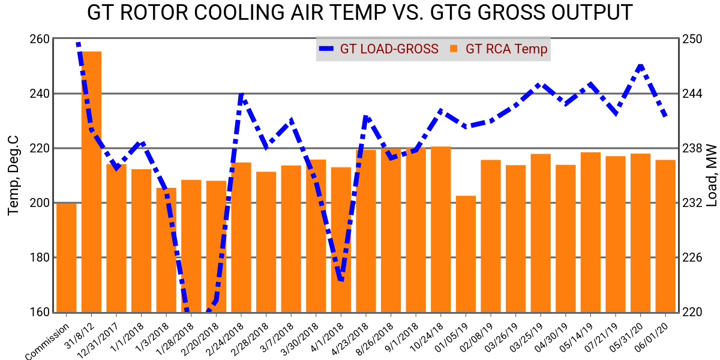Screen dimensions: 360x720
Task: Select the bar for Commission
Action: click(66, 258)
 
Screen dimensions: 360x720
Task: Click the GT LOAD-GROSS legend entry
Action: click(379, 49)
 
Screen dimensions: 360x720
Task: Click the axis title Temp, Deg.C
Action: click(13, 175)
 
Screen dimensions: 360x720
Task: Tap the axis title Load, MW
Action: click(712, 175)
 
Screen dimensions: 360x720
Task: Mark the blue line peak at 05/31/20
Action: click(641, 65)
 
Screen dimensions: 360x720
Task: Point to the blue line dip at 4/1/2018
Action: click(341, 279)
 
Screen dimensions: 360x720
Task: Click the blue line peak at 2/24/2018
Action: click(241, 95)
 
